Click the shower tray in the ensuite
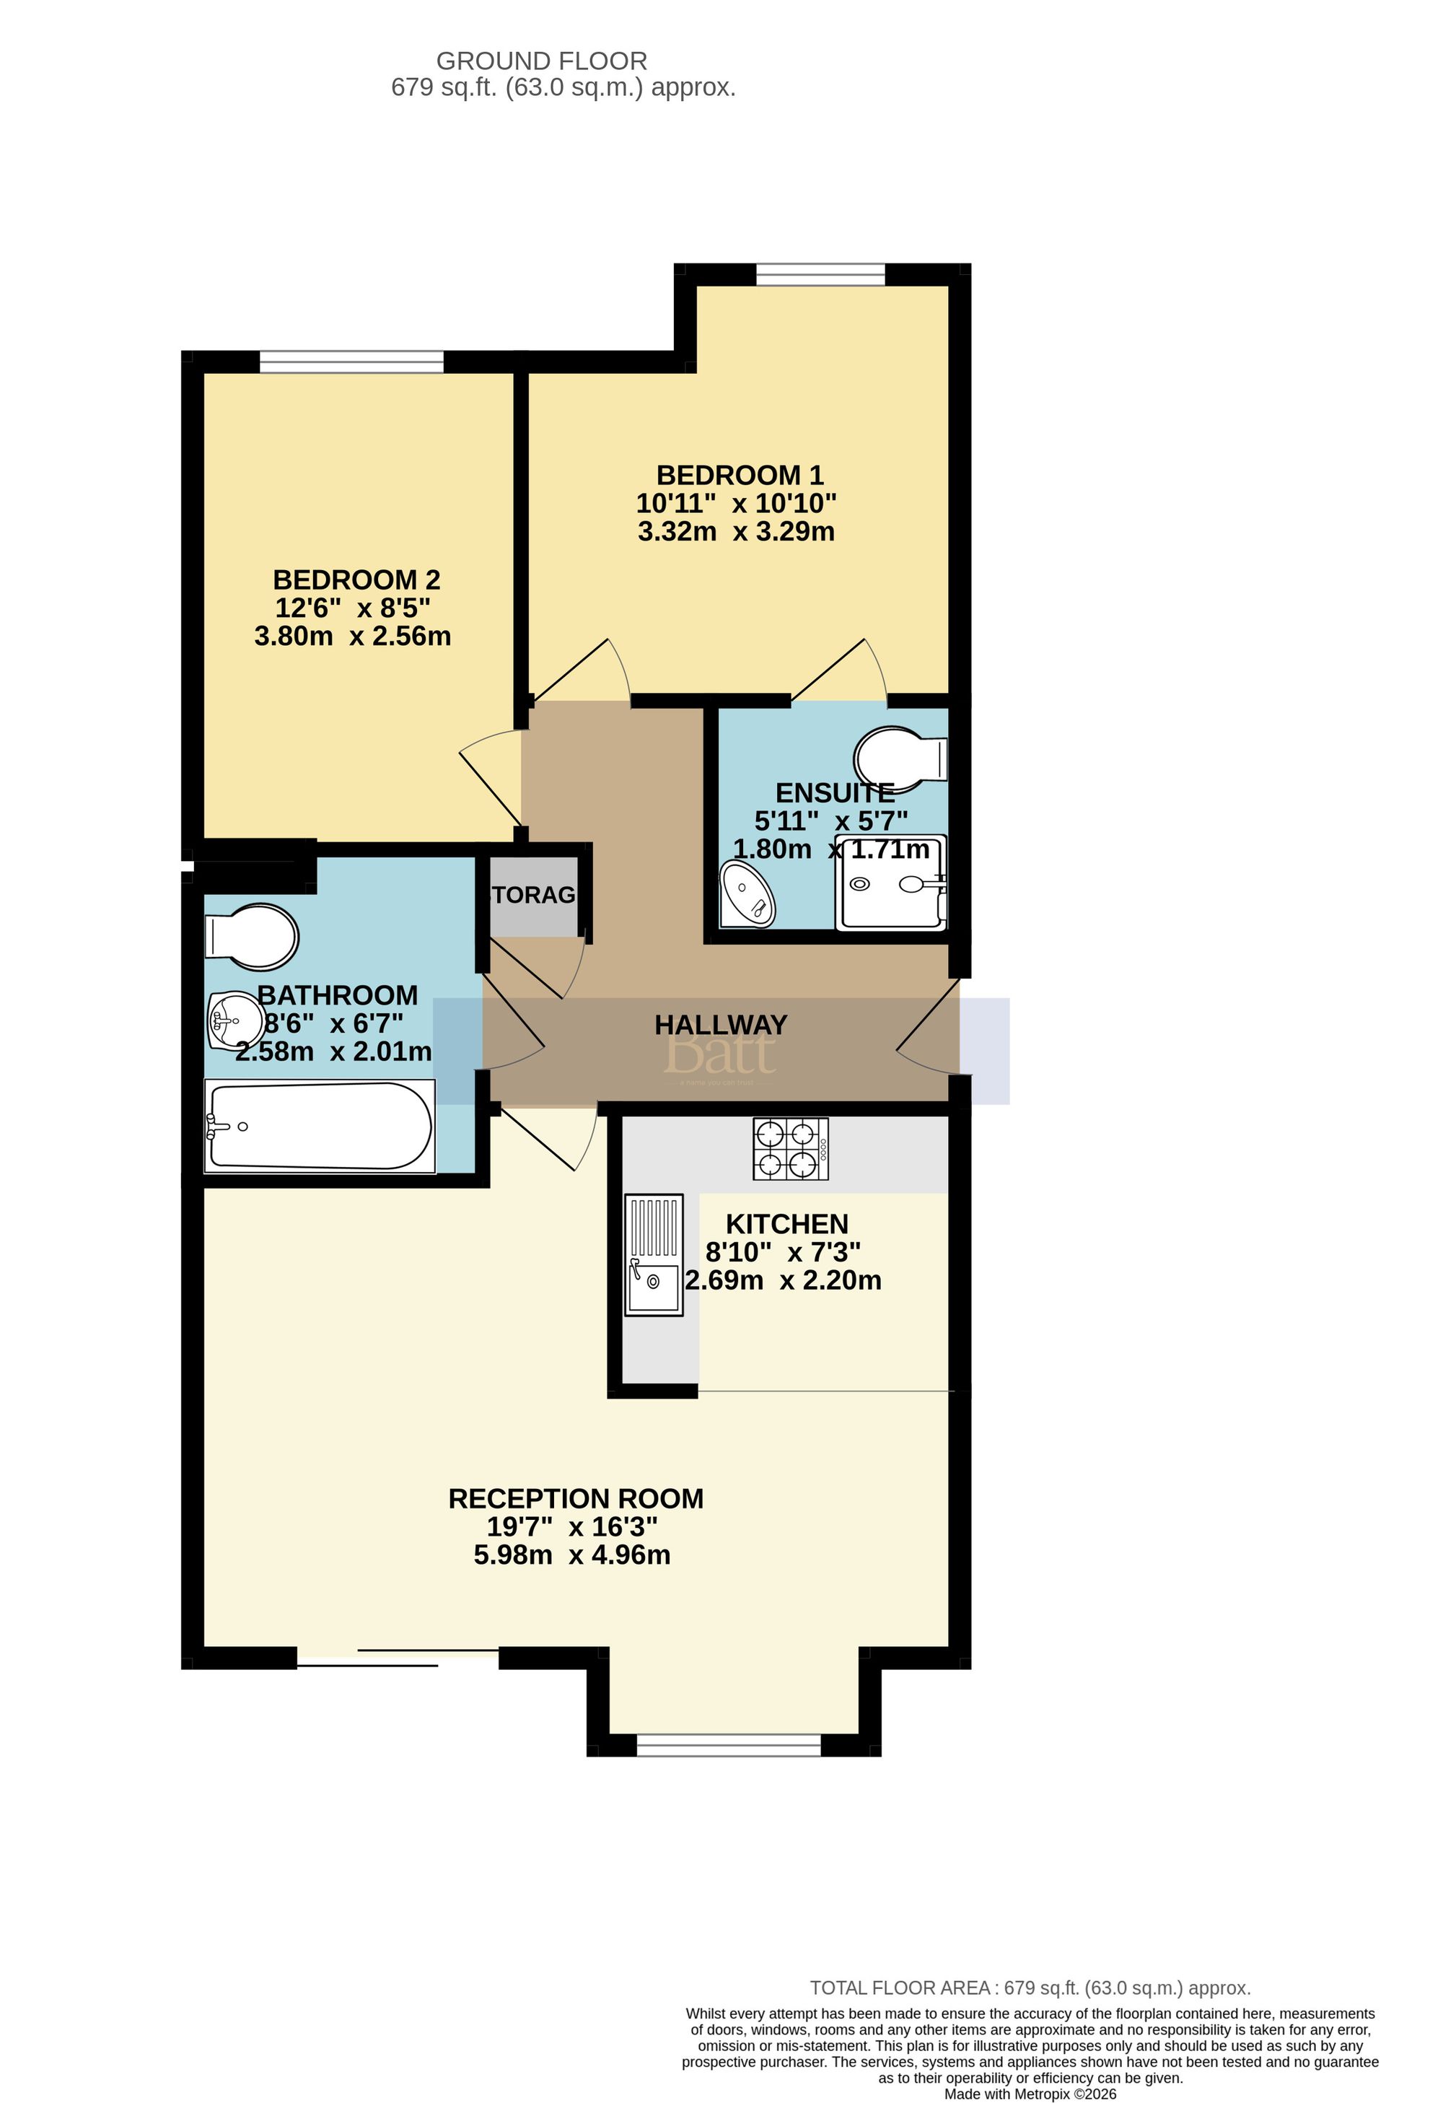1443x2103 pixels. [x=891, y=883]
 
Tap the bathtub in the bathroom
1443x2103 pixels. [x=320, y=1126]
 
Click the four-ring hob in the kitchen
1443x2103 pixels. [x=790, y=1149]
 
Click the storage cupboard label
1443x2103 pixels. [x=534, y=895]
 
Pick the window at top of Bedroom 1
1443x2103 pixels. [x=820, y=274]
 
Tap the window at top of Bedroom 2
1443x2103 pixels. [x=351, y=361]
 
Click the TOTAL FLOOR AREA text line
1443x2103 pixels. [x=1030, y=1988]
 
